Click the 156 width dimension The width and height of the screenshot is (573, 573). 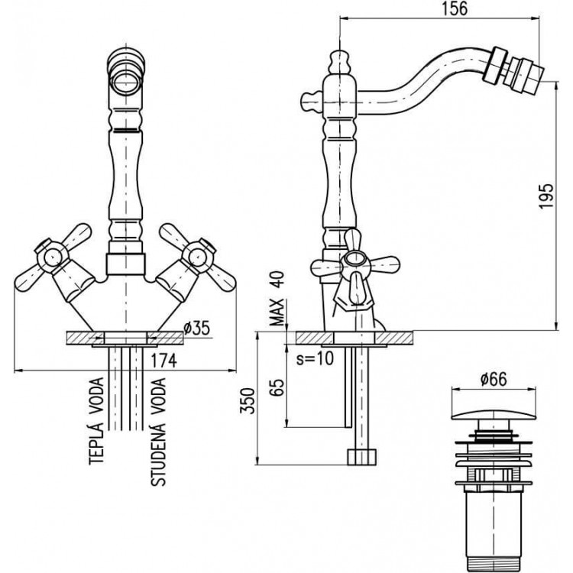[455, 8]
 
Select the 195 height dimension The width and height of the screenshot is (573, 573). [547, 196]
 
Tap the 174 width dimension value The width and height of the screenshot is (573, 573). [164, 360]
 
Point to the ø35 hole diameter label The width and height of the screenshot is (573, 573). [196, 329]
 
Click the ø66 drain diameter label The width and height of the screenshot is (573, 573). [494, 379]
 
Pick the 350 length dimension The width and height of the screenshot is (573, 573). [248, 400]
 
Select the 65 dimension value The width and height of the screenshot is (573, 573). [277, 387]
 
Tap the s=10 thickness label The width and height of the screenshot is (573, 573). [315, 358]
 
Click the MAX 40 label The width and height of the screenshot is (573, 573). [277, 298]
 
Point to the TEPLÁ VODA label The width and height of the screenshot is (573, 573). [96, 421]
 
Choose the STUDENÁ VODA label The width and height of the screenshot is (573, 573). [158, 432]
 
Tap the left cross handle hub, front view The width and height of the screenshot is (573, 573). [51, 256]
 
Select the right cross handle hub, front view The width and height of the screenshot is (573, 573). [198, 256]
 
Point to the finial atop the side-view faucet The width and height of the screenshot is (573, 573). [340, 62]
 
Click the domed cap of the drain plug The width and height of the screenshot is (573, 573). [494, 415]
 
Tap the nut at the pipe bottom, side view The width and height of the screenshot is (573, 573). [361, 456]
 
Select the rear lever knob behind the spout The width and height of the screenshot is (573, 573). [312, 101]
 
